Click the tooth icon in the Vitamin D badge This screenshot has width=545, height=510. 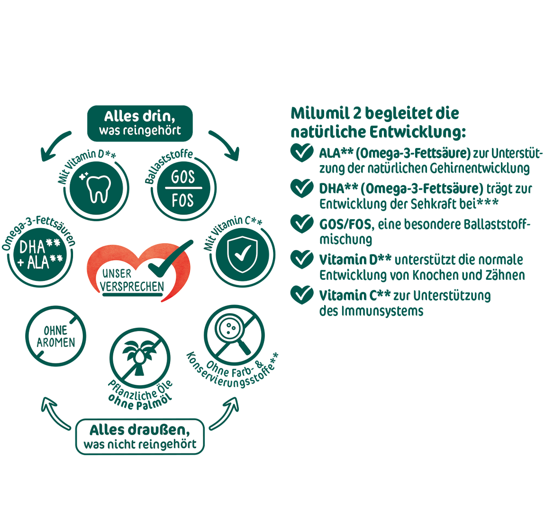[99, 189]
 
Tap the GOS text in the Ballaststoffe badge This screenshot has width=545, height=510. [183, 177]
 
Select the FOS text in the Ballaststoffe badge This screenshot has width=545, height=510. [182, 200]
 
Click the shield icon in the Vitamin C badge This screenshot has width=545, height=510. [242, 254]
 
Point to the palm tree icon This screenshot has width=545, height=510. [139, 357]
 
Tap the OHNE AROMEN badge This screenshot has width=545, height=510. [55, 336]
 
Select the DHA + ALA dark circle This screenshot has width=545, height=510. [40, 255]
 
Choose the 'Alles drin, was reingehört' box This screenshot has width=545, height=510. [140, 123]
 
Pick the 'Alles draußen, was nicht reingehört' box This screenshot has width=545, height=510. [140, 436]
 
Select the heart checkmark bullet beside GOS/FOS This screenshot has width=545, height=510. [302, 223]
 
